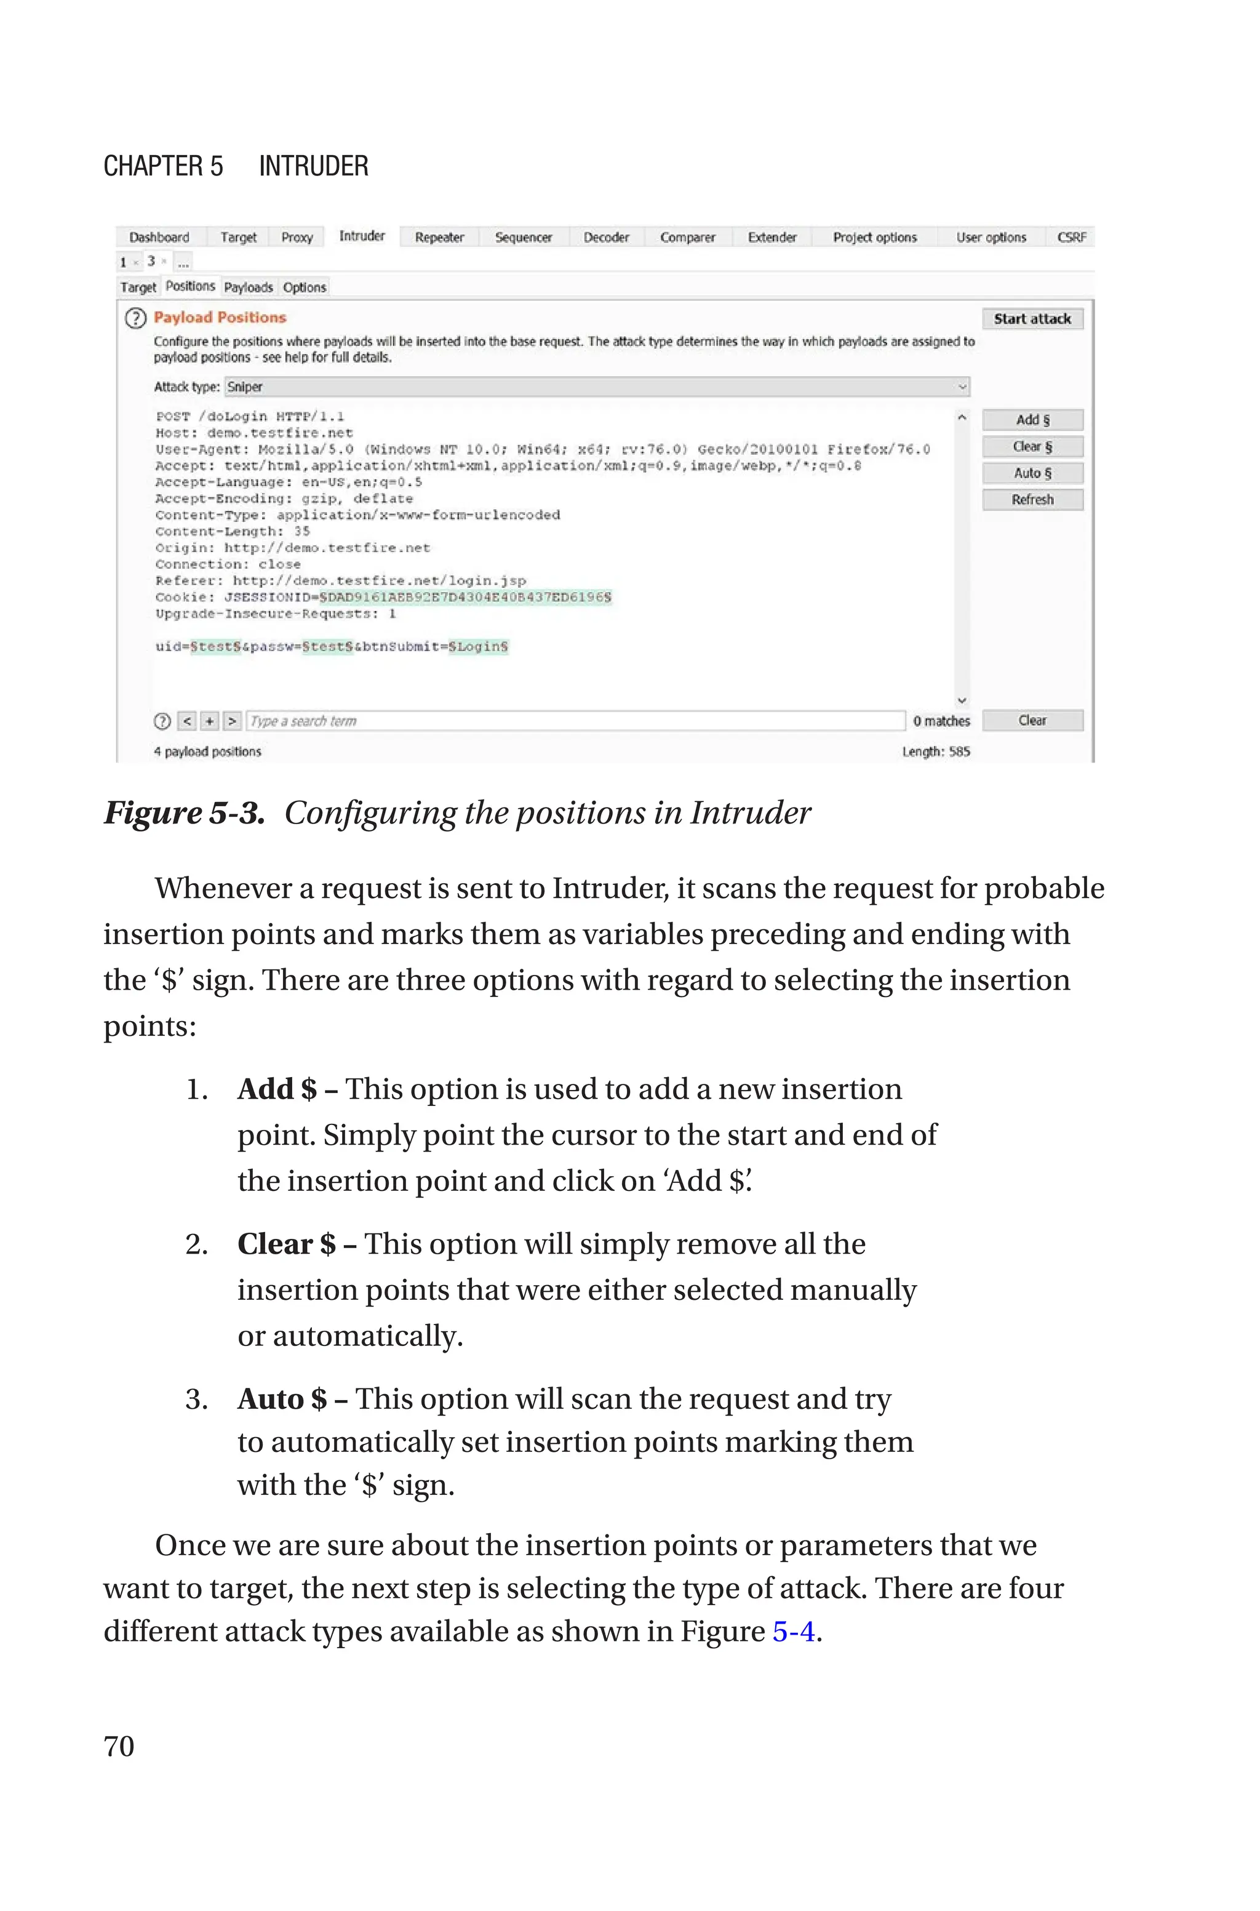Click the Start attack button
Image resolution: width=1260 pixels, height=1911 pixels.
point(1032,319)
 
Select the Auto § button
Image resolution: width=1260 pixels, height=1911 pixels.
point(1032,473)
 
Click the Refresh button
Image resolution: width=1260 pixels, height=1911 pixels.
point(1032,500)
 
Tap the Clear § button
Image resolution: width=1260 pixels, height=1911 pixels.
point(1032,447)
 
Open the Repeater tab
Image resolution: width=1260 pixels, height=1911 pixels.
point(439,237)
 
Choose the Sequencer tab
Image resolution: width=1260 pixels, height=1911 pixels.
point(523,237)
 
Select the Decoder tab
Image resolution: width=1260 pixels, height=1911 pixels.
point(606,237)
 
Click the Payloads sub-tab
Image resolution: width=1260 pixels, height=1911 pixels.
point(249,287)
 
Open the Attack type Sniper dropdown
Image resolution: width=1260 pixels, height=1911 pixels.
point(596,387)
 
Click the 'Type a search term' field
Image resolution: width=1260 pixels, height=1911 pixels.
point(575,721)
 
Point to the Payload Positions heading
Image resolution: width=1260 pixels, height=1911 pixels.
point(220,318)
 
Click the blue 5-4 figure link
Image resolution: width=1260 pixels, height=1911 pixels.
point(793,1632)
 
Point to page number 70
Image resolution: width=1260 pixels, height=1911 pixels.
point(119,1745)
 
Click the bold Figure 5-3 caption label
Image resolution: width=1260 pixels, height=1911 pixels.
point(184,813)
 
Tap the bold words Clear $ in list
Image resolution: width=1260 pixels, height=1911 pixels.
point(286,1244)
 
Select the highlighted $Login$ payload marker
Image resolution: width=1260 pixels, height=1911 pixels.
point(478,647)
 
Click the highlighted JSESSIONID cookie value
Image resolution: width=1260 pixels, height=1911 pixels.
point(465,597)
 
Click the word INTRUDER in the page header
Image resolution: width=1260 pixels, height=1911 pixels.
point(313,166)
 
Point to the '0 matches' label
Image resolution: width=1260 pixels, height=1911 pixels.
point(941,721)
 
